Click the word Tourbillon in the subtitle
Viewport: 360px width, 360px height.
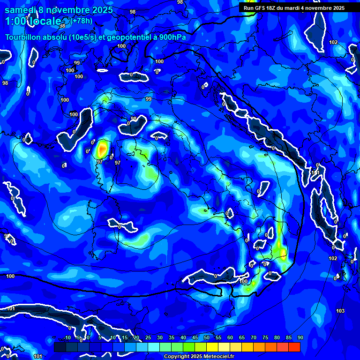[x=23, y=37]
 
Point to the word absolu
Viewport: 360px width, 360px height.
[x=57, y=37]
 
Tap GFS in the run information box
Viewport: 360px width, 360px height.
[x=261, y=8]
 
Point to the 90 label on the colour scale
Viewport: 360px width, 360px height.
[x=300, y=337]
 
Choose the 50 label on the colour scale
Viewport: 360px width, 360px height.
[x=207, y=337]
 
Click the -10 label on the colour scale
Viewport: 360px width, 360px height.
[x=67, y=337]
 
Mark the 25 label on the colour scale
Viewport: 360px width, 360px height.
[x=148, y=337]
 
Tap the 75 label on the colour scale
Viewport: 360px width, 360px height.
[x=265, y=337]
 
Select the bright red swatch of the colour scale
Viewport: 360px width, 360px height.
[x=294, y=347]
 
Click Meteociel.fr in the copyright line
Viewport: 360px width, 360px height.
[x=218, y=357]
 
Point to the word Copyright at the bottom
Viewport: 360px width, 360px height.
[x=177, y=357]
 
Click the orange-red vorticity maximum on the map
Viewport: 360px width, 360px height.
[x=102, y=150]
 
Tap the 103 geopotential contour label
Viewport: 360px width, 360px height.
[x=340, y=311]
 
